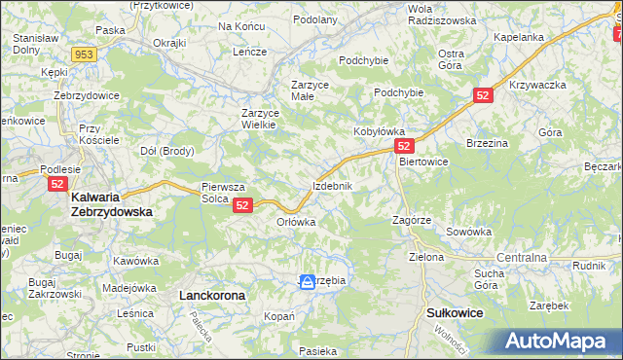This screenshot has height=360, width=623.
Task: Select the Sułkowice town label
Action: pos(456,312)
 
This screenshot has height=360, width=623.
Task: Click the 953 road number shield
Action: pos(84,54)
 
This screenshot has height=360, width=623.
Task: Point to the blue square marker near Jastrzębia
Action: pos(307,281)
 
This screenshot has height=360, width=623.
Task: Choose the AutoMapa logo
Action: pos(558,341)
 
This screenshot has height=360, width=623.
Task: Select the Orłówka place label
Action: pos(297,222)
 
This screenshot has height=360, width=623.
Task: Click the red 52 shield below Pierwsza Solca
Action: pos(243,204)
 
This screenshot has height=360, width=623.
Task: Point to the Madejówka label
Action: pos(129,287)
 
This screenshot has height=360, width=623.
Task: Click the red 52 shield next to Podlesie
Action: pos(57,182)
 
